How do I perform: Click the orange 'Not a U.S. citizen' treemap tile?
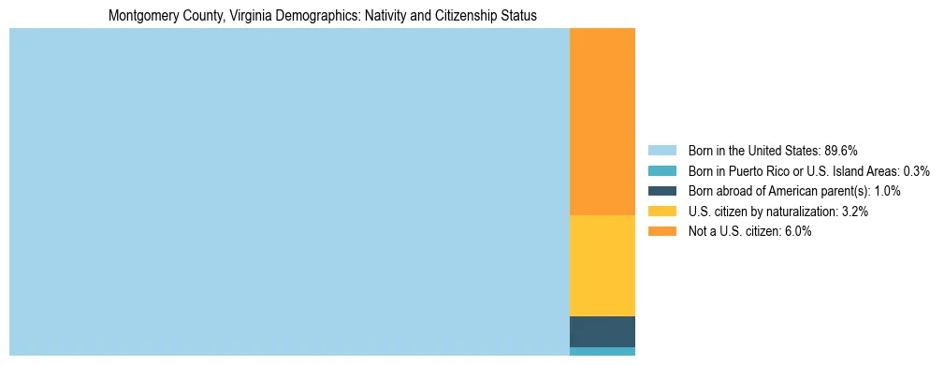click(602, 122)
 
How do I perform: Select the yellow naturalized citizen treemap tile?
click(602, 266)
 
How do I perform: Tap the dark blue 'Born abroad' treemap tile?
click(602, 331)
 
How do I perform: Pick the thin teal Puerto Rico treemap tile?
click(602, 351)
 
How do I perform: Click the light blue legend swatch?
click(661, 151)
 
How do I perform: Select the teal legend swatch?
click(661, 171)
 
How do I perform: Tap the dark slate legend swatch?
click(661, 191)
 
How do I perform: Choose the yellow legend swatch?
click(661, 212)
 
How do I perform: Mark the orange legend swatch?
click(661, 232)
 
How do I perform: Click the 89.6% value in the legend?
click(840, 151)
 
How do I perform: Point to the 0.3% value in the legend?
click(916, 171)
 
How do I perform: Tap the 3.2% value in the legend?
click(854, 212)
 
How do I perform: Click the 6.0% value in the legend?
click(797, 232)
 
